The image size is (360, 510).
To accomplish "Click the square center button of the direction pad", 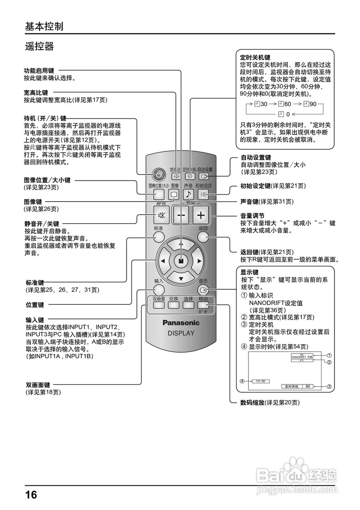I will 181,261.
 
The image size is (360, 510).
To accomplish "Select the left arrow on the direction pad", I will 163,261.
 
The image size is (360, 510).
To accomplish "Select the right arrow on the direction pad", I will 199,261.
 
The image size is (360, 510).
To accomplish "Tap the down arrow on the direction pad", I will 181,279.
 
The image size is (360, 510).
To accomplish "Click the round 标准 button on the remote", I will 159,237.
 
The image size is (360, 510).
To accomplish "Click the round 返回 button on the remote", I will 203,237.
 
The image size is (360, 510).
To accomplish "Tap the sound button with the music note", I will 188,194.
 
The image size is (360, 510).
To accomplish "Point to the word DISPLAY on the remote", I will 181,333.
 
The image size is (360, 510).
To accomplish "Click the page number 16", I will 31,495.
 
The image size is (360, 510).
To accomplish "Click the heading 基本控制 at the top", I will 44,26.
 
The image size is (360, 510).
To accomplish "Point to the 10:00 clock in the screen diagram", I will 260,381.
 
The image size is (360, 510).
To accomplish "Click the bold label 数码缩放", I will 252,403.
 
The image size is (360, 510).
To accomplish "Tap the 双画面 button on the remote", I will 159,305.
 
